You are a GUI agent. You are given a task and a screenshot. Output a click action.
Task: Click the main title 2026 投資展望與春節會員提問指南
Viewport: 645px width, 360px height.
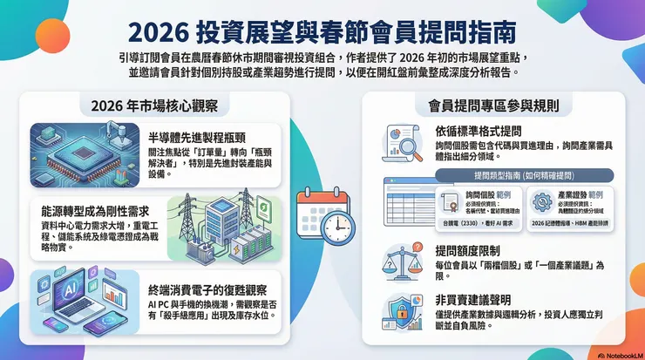[x=322, y=31]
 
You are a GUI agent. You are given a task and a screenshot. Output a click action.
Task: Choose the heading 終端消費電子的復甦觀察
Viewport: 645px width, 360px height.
[x=207, y=289]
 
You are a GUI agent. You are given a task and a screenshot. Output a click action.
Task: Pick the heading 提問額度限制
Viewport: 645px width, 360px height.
[x=464, y=248]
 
